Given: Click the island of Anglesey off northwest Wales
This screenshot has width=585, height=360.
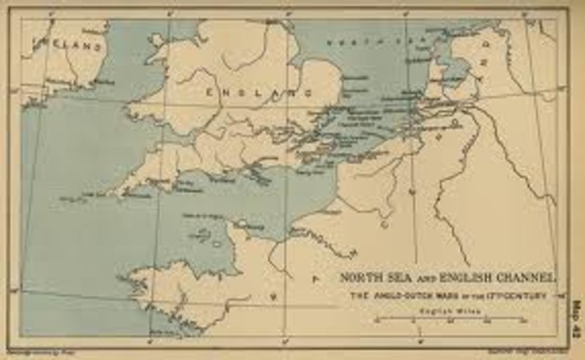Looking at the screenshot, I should pos(157,40).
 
